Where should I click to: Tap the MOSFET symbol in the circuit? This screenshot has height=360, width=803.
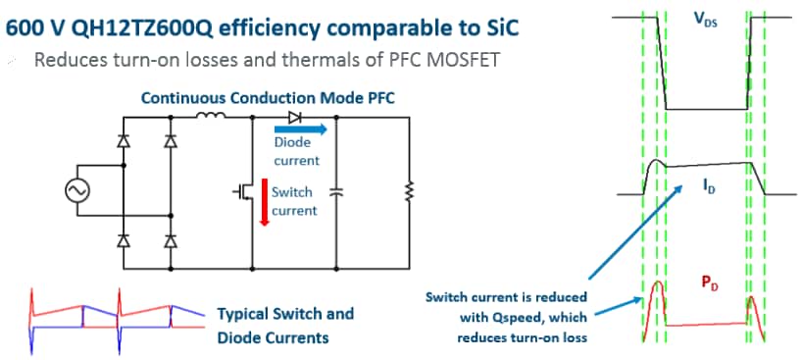244,192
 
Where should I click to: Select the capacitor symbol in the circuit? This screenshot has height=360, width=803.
336,192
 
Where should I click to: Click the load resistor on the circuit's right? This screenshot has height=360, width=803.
410,192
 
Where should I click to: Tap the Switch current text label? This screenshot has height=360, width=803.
294,201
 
